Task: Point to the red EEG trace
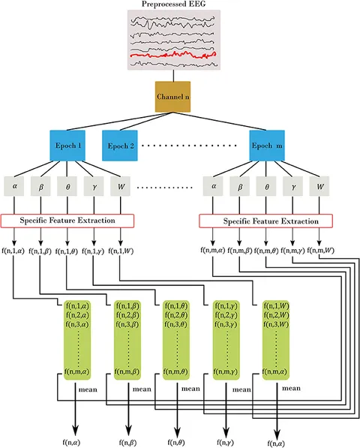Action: pos(173,55)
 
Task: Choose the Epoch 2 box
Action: pos(121,145)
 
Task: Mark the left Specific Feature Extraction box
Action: pos(69,221)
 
